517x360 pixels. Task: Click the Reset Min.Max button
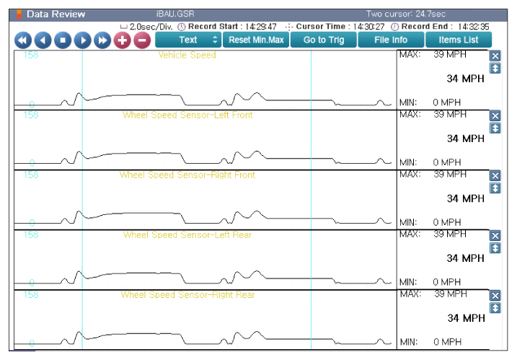click(256, 40)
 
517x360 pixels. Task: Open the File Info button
click(391, 40)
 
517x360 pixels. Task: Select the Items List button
click(459, 40)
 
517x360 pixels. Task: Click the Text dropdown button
click(188, 40)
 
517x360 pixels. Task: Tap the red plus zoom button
click(123, 40)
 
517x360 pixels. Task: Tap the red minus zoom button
click(142, 40)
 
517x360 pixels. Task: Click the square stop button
click(63, 40)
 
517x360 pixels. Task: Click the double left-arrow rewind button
click(23, 40)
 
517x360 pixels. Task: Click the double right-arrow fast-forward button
click(102, 40)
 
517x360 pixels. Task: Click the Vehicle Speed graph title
click(187, 55)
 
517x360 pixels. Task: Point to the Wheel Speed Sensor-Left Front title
click(187, 115)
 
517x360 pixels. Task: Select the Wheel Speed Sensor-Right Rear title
click(187, 295)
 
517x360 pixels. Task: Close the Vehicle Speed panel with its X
click(495, 56)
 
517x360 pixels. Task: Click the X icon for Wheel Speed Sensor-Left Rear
click(495, 236)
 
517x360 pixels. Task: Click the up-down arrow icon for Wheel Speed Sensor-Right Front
click(495, 188)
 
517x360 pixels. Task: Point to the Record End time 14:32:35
click(474, 27)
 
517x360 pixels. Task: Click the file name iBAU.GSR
click(175, 14)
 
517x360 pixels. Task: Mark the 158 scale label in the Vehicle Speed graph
click(31, 55)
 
